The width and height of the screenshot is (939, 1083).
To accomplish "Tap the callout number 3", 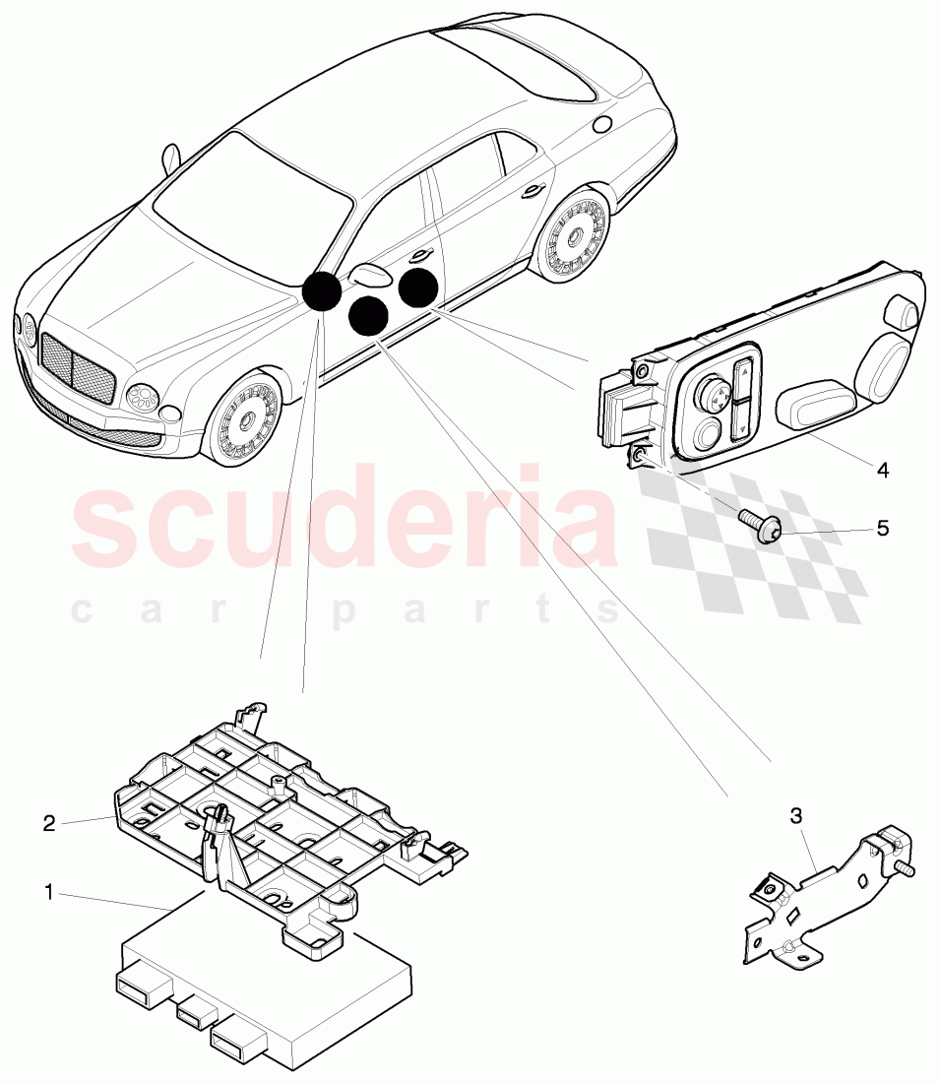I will click(x=795, y=815).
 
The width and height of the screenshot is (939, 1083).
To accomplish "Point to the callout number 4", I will click(x=882, y=471).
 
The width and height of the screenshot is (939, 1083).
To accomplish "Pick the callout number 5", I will click(x=882, y=528).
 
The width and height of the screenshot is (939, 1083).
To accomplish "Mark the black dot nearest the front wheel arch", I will click(x=322, y=291).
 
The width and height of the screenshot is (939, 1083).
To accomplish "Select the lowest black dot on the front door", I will click(x=368, y=316).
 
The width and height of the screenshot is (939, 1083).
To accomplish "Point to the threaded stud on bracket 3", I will click(x=907, y=867).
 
